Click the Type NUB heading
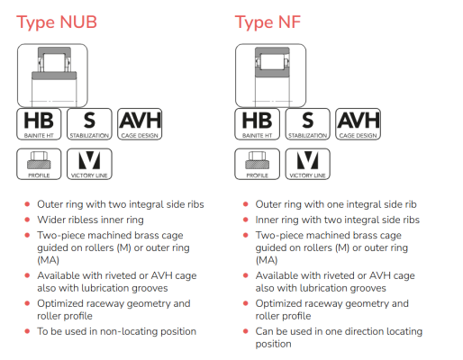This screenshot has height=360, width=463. point(57,22)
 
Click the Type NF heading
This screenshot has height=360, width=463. point(268,22)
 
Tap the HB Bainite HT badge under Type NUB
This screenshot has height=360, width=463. point(39,124)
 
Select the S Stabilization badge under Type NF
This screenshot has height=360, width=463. point(307,124)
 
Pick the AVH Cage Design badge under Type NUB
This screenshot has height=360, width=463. point(140,124)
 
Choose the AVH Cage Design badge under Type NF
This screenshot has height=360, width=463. point(358,124)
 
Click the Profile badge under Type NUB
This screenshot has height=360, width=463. point(39,164)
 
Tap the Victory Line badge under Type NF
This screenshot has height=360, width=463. point(307,164)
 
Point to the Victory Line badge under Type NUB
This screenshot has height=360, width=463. point(89,164)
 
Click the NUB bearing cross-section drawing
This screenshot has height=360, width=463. point(52,76)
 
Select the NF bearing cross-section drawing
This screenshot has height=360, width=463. point(271,76)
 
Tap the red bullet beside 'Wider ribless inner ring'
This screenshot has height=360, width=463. point(27,220)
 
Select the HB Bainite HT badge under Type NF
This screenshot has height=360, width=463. point(258,124)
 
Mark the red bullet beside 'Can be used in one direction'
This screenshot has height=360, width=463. point(246,331)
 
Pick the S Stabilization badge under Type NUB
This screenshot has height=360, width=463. point(89,124)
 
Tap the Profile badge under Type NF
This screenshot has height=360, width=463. point(258,164)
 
